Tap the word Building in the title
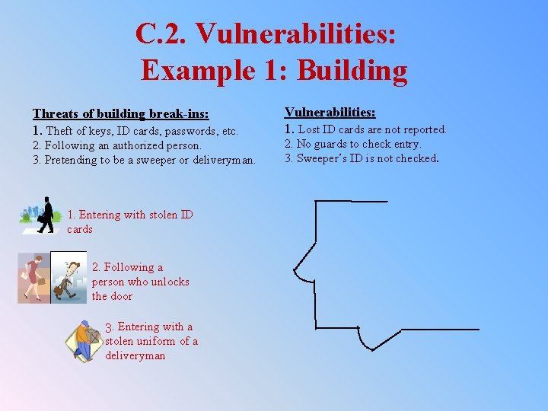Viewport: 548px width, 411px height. [352, 70]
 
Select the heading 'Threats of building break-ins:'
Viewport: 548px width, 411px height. [120, 114]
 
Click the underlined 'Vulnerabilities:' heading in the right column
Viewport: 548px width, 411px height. [330, 112]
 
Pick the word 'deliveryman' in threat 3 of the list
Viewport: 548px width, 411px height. [221, 160]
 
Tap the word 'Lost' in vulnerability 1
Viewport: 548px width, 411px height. [311, 129]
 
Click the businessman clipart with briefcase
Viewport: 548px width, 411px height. [47, 215]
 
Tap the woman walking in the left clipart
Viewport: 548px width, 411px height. [33, 277]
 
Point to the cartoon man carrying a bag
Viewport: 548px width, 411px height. [68, 278]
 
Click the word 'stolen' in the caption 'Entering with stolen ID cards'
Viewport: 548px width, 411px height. [159, 215]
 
